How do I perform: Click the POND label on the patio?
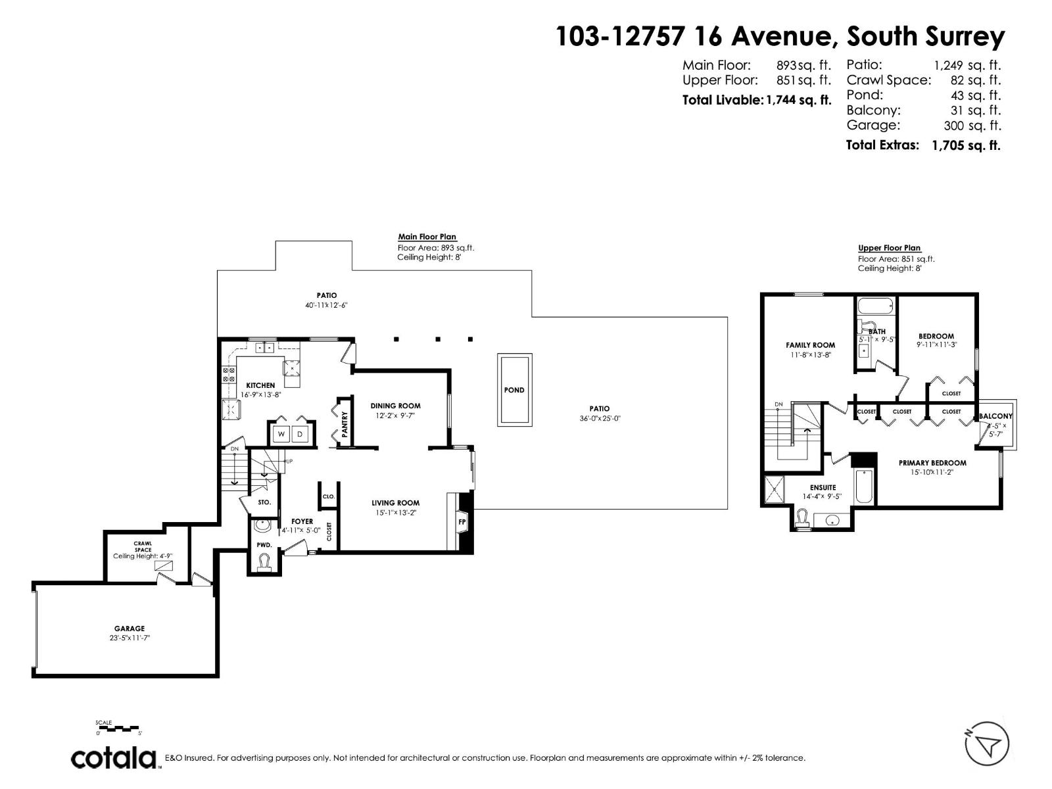pos(514,390)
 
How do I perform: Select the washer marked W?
pos(281,434)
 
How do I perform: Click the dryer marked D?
pos(300,434)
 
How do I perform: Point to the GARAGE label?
pos(130,629)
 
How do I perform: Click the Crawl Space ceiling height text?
pos(143,556)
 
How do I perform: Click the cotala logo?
pos(114,757)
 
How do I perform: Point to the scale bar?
pos(119,728)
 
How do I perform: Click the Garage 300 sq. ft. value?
pos(972,126)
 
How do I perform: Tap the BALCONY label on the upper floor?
pos(995,416)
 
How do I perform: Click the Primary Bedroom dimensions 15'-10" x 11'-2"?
pos(932,472)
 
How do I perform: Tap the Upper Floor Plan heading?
pos(889,248)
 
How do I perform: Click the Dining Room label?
pos(395,406)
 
